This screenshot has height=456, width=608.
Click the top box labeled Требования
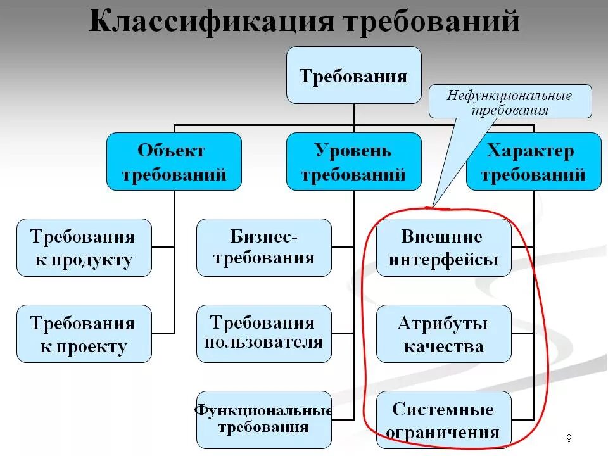coord(353,75)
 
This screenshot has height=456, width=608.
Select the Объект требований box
coord(174,161)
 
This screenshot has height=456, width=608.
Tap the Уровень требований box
coord(353,161)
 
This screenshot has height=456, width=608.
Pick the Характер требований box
coord(533,161)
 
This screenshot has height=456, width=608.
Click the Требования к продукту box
coord(84,248)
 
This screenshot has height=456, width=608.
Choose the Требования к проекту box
coord(84,334)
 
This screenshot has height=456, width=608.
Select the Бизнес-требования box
coord(264,248)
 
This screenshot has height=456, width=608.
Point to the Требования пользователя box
coord(264,334)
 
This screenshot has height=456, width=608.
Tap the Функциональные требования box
coord(264,420)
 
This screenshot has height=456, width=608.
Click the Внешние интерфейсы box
coord(443,248)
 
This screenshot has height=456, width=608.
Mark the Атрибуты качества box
coord(443,334)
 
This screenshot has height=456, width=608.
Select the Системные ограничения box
coord(443,420)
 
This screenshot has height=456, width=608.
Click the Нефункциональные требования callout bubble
coord(510,102)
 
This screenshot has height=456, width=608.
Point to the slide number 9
coord(569,438)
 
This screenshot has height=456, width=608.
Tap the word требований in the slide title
coord(431,22)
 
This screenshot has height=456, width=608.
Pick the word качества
coord(443,346)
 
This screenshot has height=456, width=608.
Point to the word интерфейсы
coord(443,260)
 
